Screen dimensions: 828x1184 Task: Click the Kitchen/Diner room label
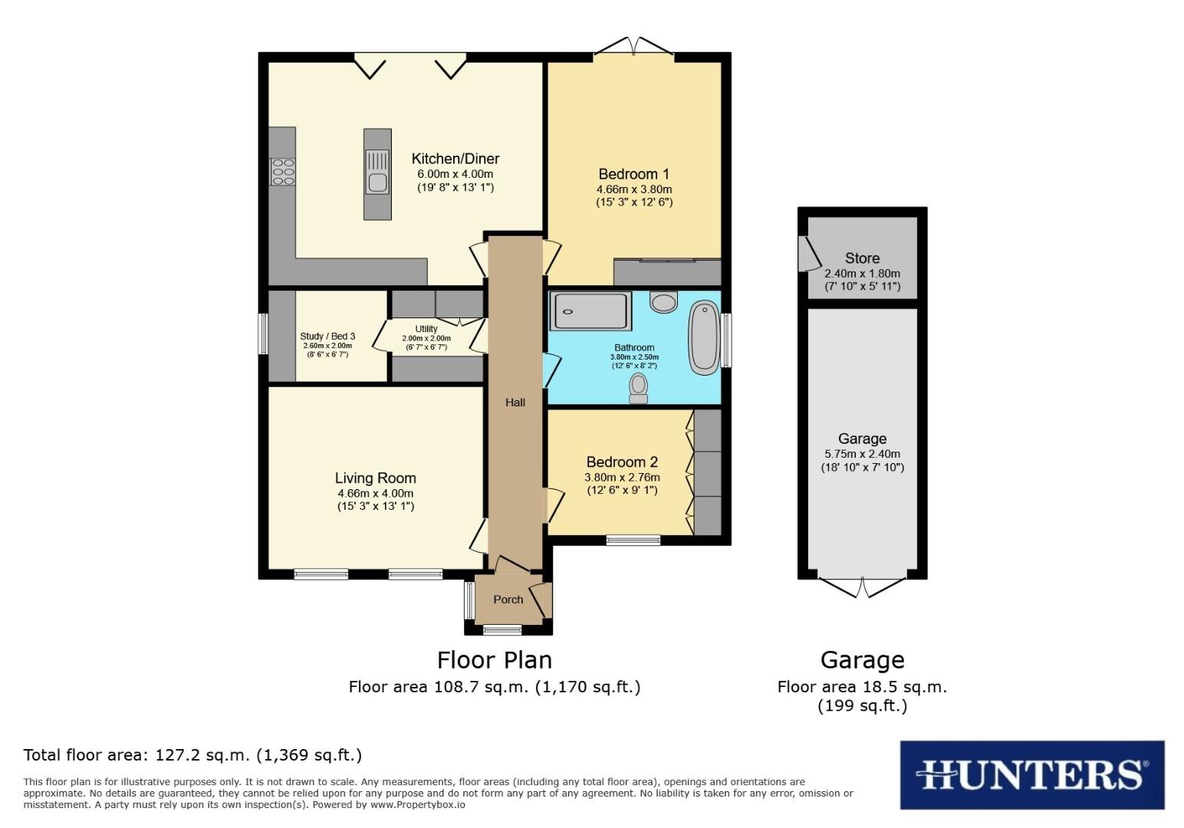[456, 159]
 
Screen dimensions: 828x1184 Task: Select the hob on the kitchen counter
[282, 172]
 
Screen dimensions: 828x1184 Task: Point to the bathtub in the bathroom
[703, 337]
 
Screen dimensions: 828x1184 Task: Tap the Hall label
[515, 402]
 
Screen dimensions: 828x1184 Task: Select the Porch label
[508, 600]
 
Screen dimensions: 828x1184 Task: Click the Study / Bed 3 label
[327, 336]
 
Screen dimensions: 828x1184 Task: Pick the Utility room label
[426, 329]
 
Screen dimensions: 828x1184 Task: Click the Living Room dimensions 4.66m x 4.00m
[375, 493]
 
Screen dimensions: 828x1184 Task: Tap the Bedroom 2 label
[622, 462]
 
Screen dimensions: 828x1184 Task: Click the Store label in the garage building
[862, 258]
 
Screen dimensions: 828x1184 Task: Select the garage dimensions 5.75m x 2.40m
[862, 454]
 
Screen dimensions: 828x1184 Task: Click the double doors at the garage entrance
[863, 587]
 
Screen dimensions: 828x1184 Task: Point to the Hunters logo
[1031, 774]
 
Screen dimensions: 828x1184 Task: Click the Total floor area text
[192, 755]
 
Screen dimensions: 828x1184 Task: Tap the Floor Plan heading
[494, 660]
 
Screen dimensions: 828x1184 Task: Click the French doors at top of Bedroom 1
[633, 48]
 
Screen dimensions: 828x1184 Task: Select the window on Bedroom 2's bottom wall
[633, 540]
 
